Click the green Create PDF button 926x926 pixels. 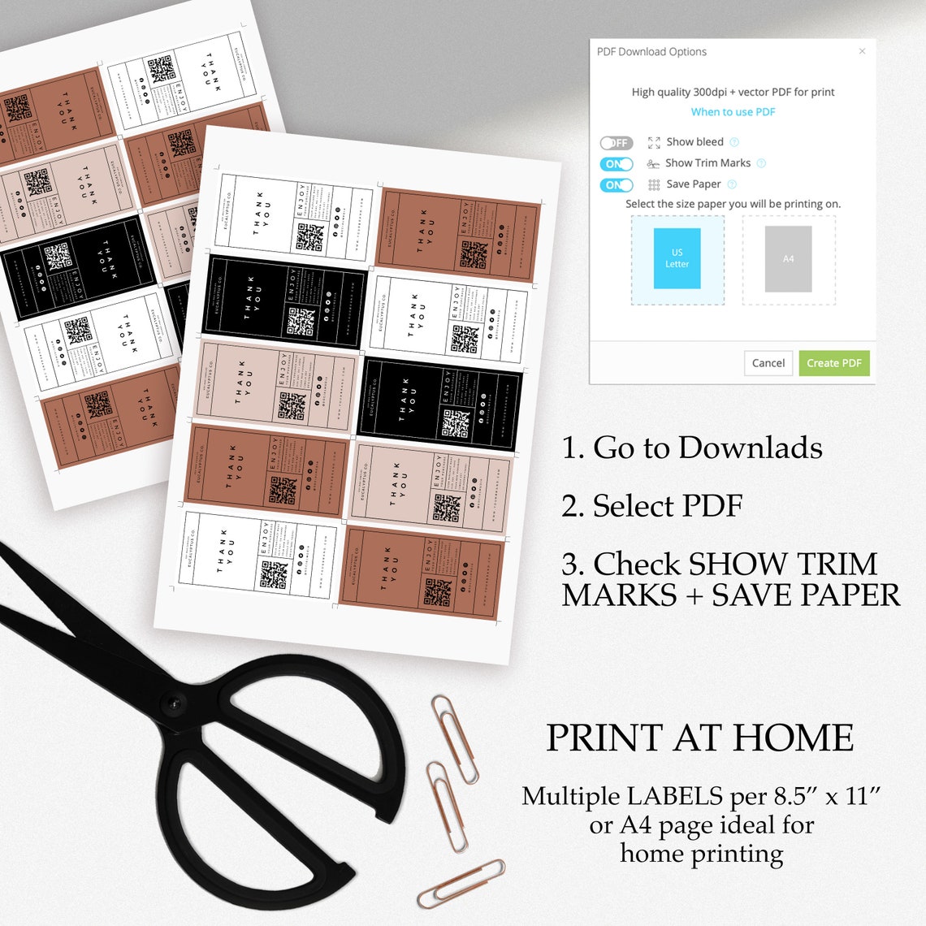pyautogui.click(x=833, y=363)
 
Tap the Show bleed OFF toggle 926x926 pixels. pyautogui.click(x=616, y=143)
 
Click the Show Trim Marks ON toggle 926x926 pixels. pyautogui.click(x=616, y=164)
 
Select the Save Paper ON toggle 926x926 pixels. pyautogui.click(x=616, y=185)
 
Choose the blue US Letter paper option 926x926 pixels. pyautogui.click(x=677, y=258)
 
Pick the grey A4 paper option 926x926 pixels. pyautogui.click(x=788, y=259)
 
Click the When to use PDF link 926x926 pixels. pyautogui.click(x=733, y=112)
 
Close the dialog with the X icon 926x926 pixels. pyautogui.click(x=862, y=51)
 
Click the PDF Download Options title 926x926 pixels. pyautogui.click(x=651, y=52)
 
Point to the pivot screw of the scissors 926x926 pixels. pyautogui.click(x=172, y=703)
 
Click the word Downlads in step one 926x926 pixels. pyautogui.click(x=751, y=448)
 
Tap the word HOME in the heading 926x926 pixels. pyautogui.click(x=793, y=738)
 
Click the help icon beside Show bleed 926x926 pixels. pyautogui.click(x=734, y=142)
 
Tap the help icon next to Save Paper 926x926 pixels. pyautogui.click(x=732, y=184)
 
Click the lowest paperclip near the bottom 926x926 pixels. pyautogui.click(x=461, y=884)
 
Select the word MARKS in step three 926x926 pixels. pyautogui.click(x=619, y=595)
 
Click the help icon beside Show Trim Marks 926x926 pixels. pyautogui.click(x=761, y=163)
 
